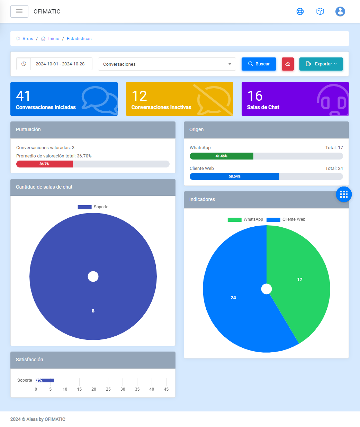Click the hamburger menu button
click(x=19, y=11)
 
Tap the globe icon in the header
click(x=300, y=11)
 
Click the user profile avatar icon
click(x=340, y=11)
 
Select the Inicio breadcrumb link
click(x=54, y=39)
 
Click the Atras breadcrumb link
click(x=28, y=39)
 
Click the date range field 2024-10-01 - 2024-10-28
click(x=60, y=64)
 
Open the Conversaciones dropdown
click(x=167, y=64)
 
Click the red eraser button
click(x=288, y=64)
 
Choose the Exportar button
click(x=321, y=64)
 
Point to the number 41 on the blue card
click(x=23, y=96)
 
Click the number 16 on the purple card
click(x=255, y=96)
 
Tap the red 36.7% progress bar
click(x=44, y=164)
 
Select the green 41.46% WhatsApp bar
click(x=222, y=156)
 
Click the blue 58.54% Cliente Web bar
click(x=234, y=176)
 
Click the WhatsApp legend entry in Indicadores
click(x=245, y=219)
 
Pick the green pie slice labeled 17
click(x=299, y=280)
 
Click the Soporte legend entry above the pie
click(x=93, y=207)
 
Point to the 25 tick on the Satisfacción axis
click(x=108, y=389)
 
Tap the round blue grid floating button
click(x=344, y=194)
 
